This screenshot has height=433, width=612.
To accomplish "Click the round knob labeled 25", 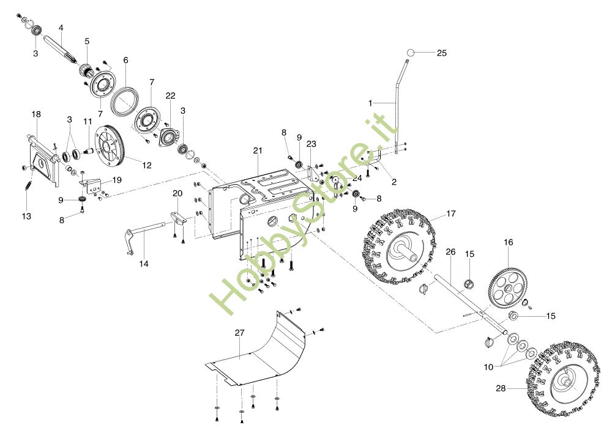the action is (410, 53).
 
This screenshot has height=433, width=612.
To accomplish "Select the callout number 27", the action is (240, 333).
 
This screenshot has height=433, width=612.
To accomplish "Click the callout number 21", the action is (258, 150).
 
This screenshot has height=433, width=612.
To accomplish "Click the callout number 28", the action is (501, 388).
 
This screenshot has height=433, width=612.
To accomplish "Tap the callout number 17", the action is (451, 214).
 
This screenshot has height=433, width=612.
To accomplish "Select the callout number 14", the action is (144, 264).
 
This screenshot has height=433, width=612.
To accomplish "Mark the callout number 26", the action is (450, 252).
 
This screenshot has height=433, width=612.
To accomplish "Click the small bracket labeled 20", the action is (178, 219).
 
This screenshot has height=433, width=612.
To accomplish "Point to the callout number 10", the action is (488, 367).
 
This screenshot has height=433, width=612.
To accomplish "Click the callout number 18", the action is (36, 114).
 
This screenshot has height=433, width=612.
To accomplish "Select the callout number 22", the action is (171, 95).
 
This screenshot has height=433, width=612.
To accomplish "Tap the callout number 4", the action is (61, 28).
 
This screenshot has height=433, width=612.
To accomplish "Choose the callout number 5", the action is (87, 41).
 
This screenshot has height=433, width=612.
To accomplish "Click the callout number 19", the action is (117, 180).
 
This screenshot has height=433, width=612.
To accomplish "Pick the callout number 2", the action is (394, 182).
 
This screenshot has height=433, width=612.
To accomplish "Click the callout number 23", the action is (311, 144).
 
